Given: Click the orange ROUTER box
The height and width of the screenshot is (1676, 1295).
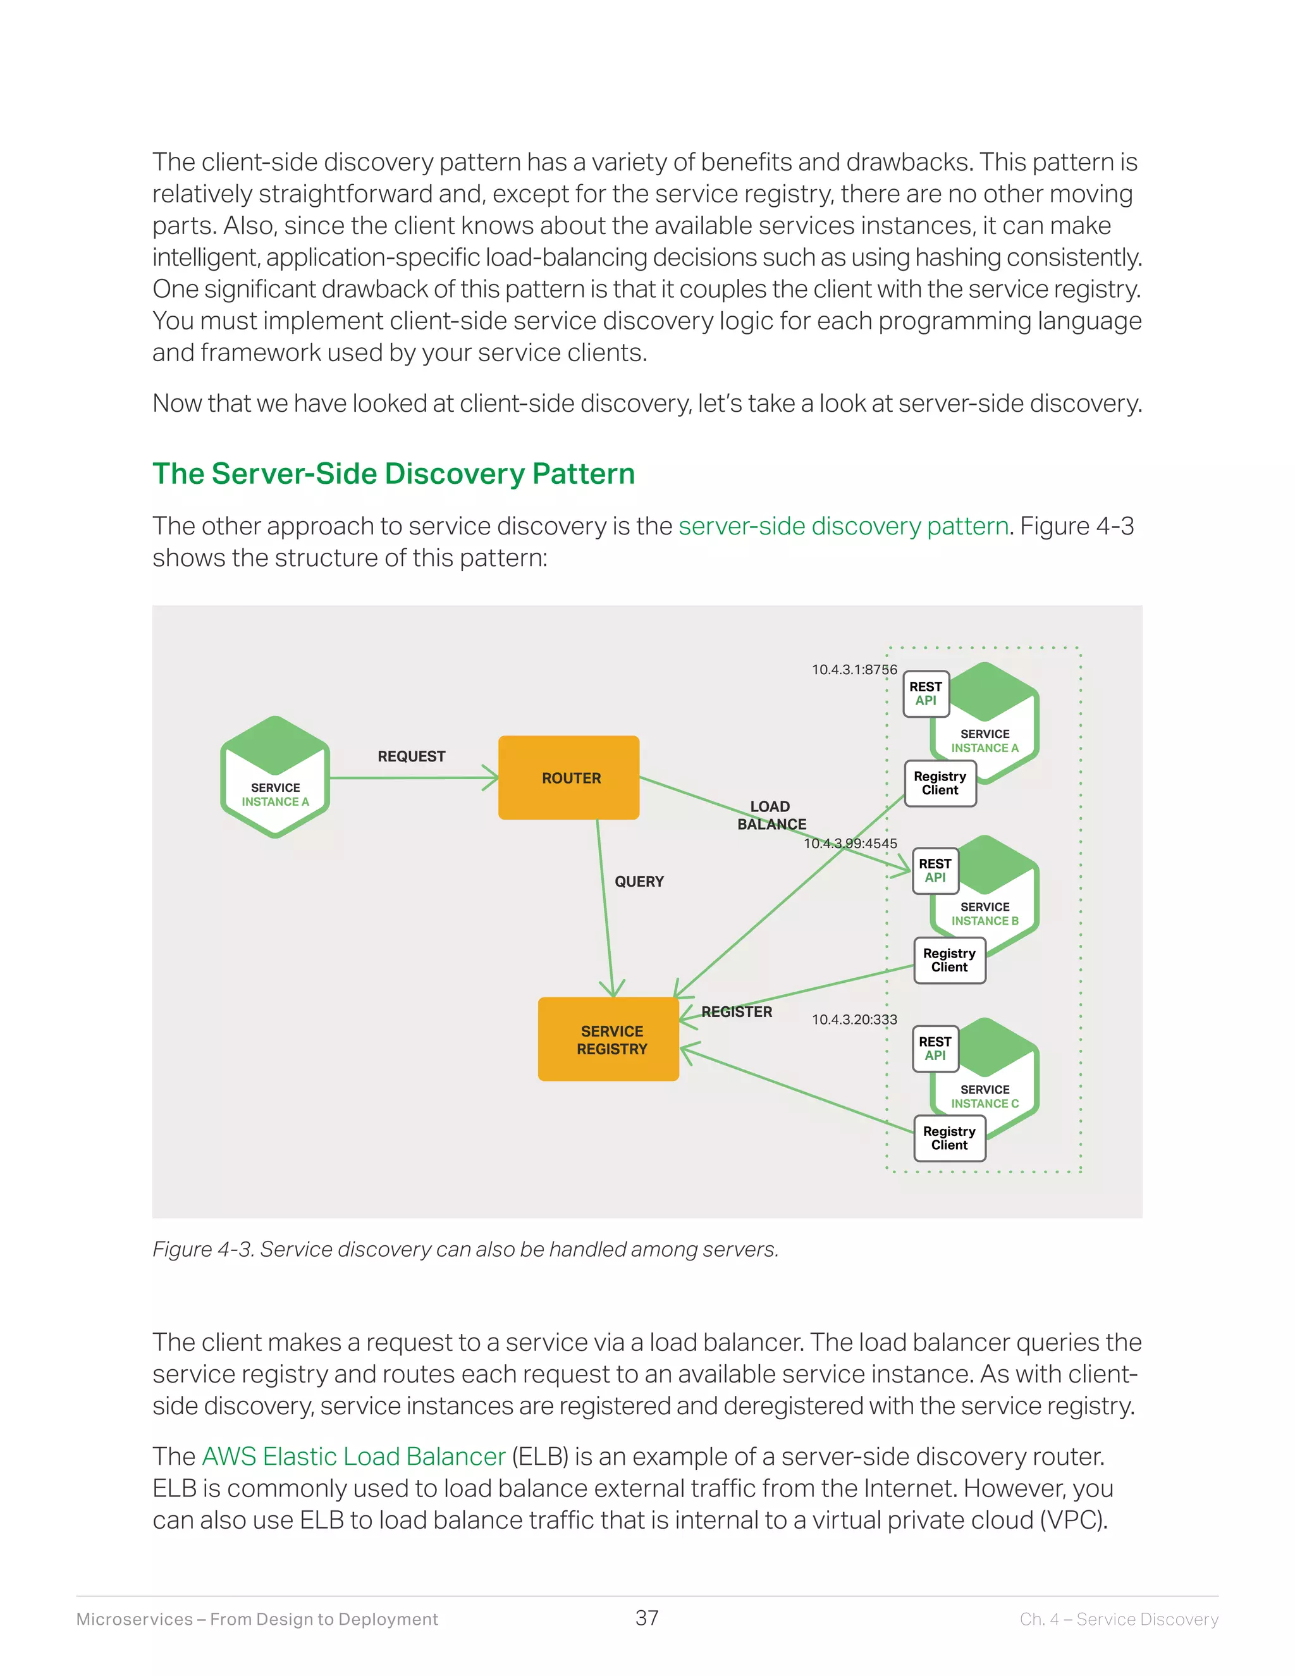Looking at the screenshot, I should coord(568,777).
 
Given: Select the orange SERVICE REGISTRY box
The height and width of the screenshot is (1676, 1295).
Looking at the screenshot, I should coord(608,1039).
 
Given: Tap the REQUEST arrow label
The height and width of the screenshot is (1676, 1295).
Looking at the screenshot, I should coord(411,756).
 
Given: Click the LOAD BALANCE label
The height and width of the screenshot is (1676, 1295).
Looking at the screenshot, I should coord(771,815).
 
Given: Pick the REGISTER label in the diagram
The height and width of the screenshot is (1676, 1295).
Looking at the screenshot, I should coord(737,1011).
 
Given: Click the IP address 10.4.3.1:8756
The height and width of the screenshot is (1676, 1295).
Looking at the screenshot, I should coord(854,669).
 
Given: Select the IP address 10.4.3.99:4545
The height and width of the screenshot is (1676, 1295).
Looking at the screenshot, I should coord(850,842).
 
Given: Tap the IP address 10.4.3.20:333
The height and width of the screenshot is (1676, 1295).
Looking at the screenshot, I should coord(854,1019).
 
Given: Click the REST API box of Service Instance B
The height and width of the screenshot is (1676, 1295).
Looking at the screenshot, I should coord(935,871).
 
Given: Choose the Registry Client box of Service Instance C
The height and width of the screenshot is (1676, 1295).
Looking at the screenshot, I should coord(950,1138).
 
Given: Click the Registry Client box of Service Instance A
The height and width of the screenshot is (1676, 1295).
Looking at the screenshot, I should coord(940,784).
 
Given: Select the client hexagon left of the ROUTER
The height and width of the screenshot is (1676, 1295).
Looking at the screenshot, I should coord(276,777).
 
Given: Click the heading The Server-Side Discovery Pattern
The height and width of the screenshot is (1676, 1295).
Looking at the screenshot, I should coord(393,474).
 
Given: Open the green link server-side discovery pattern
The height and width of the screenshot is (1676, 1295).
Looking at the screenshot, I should coord(843,526).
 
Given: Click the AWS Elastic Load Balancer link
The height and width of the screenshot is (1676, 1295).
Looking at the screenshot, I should coord(353,1456).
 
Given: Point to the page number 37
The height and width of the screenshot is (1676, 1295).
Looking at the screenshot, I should coord(647,1618).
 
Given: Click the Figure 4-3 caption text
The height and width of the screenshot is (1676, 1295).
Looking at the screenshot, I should coord(465,1248).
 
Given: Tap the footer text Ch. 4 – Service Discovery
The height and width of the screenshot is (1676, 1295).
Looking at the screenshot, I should coord(1119,1618).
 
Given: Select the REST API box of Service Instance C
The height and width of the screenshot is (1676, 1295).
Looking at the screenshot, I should coord(935,1048).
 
